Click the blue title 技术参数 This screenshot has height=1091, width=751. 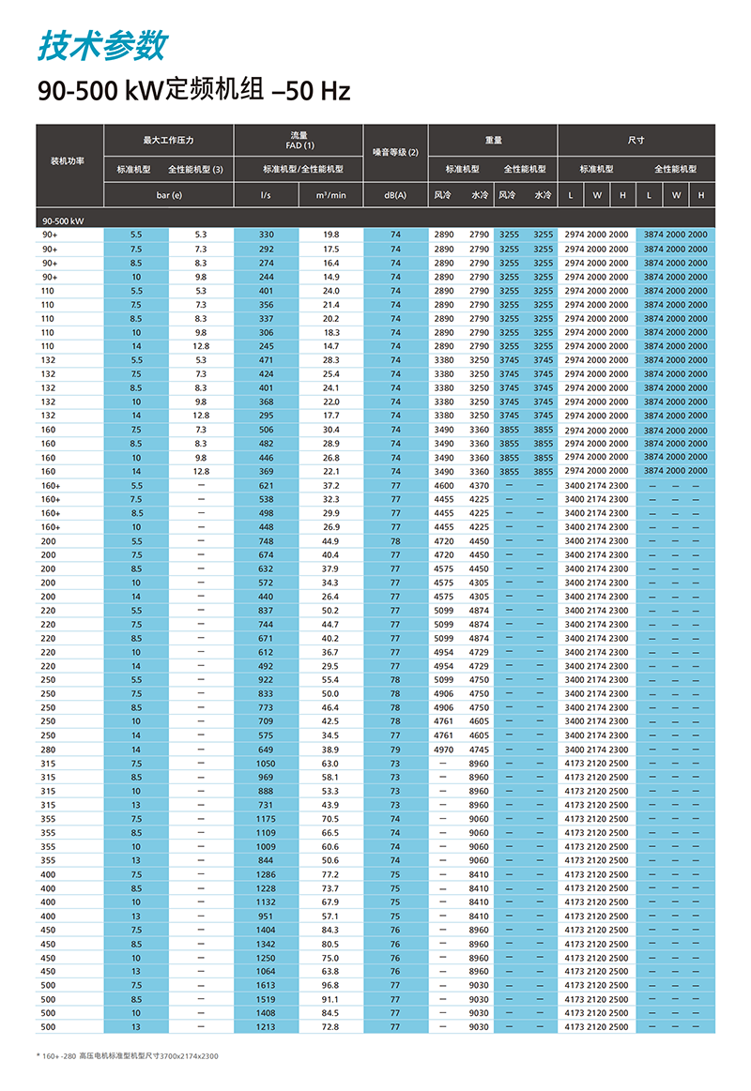click(103, 44)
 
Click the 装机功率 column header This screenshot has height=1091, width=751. click(67, 161)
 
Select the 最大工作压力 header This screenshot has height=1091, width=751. click(168, 140)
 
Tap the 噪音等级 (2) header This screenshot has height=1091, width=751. click(395, 152)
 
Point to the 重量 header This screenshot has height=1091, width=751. click(493, 140)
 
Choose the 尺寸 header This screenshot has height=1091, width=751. click(636, 140)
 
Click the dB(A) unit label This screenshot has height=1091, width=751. click(395, 195)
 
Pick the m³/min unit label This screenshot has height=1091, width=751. click(330, 195)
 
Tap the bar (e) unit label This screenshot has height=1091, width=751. click(169, 195)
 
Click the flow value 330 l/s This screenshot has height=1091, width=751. click(267, 235)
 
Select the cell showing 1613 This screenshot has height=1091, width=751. click(267, 986)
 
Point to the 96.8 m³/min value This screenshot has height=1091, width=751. click(330, 986)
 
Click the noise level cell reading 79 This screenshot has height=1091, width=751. click(395, 750)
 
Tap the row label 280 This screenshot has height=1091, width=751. click(48, 750)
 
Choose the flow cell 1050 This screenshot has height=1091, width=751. click(267, 764)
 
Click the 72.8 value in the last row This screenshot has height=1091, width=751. click(330, 1027)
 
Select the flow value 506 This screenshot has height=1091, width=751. click(267, 430)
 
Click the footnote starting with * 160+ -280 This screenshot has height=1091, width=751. click(127, 1056)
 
